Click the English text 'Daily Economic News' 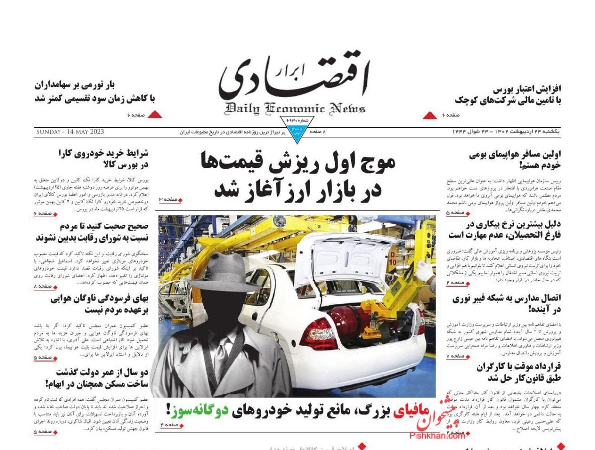coord(295,108)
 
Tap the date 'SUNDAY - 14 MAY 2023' coord(73,132)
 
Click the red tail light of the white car coord(318,333)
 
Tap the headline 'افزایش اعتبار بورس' coord(527,89)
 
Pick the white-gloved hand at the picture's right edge coord(425,271)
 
